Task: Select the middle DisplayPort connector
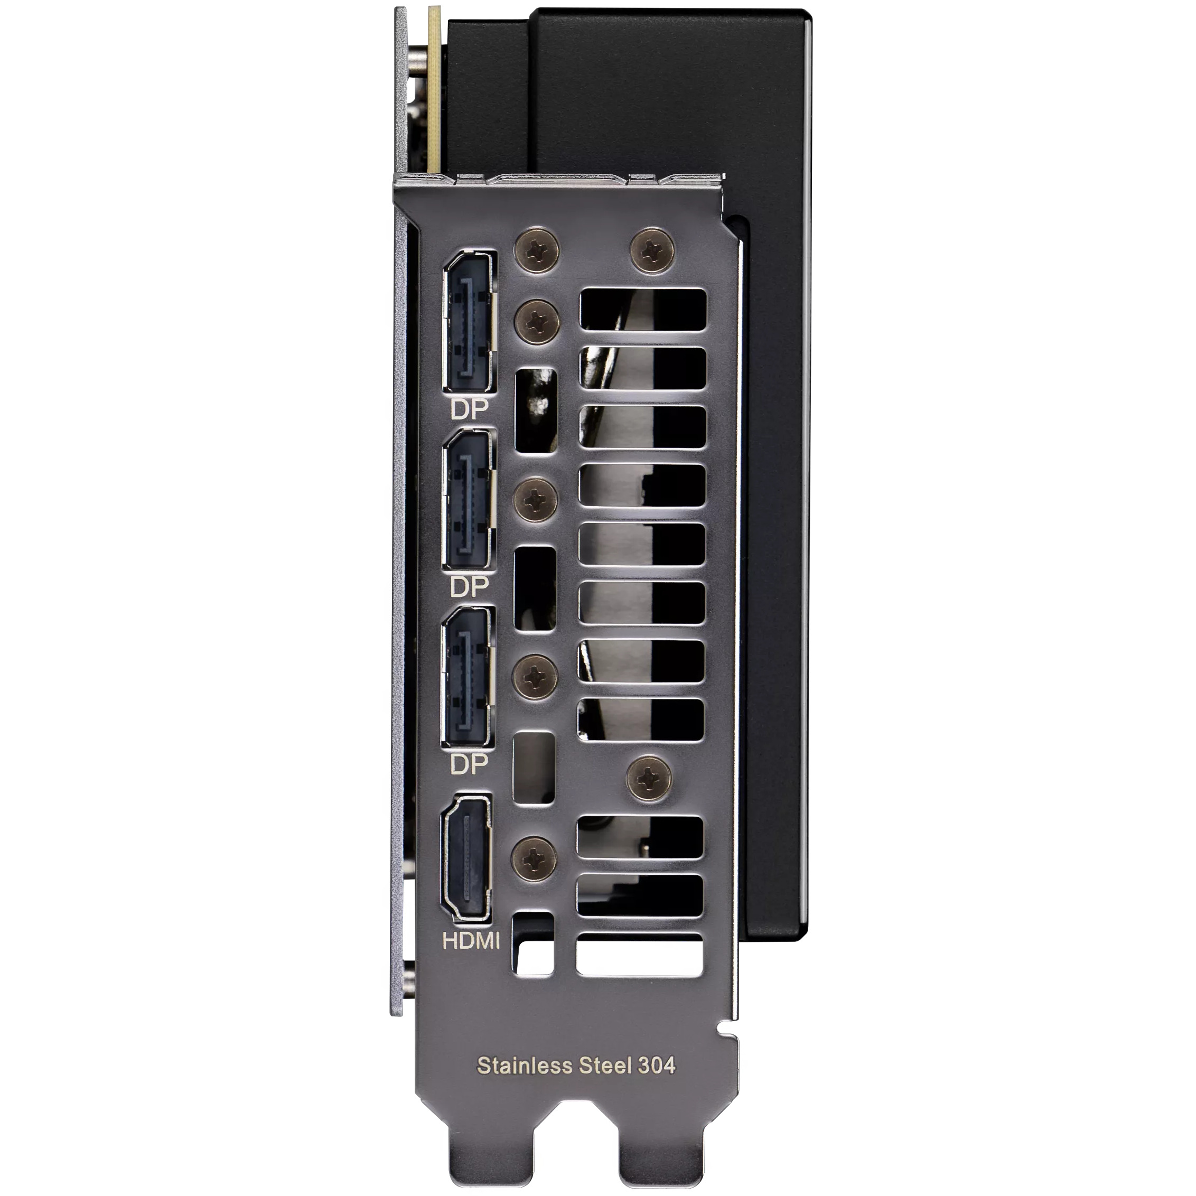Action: click(469, 500)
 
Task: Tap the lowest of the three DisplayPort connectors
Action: click(469, 677)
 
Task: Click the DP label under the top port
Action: click(469, 409)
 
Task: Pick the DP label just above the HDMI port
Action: click(469, 765)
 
